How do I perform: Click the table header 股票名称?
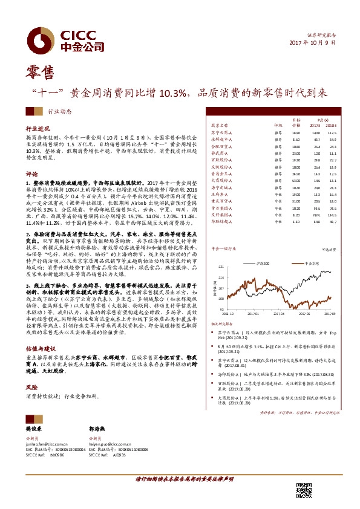coord(220,125)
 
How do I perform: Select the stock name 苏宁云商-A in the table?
coord(221,132)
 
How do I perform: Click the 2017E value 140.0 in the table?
coord(316,132)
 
